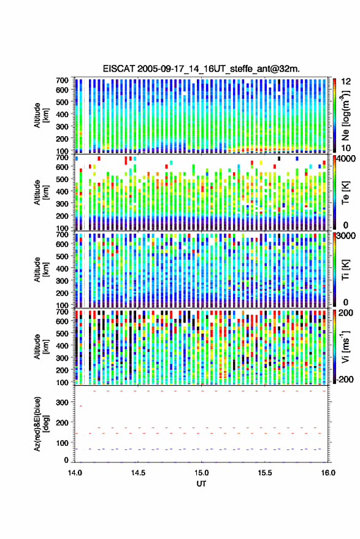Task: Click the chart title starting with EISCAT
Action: [x=201, y=69]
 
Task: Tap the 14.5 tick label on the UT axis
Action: [x=138, y=473]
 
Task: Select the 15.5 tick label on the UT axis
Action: [x=265, y=473]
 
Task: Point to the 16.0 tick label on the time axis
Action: [x=328, y=473]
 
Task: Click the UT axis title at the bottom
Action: [x=201, y=484]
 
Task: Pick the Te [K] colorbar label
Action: [x=345, y=193]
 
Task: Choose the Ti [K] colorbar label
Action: [x=345, y=270]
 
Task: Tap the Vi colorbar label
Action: [x=345, y=346]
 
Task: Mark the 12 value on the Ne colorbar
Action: [x=347, y=82]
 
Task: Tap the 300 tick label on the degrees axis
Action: [x=62, y=402]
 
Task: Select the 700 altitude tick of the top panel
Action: [x=62, y=80]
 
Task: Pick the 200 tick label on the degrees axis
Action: [x=62, y=422]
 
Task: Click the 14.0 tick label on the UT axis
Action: [x=75, y=473]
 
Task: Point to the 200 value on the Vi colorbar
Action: [x=346, y=313]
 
